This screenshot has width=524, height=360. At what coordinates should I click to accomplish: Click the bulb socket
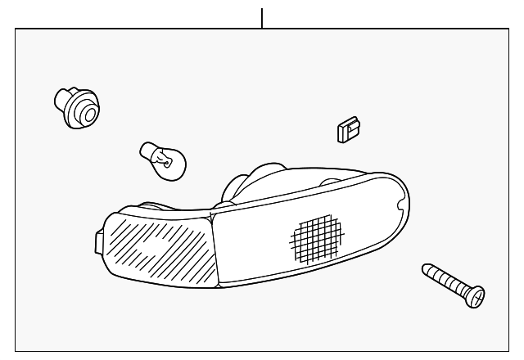tap(75, 107)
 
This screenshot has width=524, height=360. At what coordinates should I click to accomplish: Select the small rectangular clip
tap(349, 128)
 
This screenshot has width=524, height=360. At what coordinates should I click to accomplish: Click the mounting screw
tap(453, 284)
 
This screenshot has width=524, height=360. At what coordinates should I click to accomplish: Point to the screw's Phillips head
tap(476, 297)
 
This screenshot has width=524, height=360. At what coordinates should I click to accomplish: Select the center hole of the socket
tap(84, 113)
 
